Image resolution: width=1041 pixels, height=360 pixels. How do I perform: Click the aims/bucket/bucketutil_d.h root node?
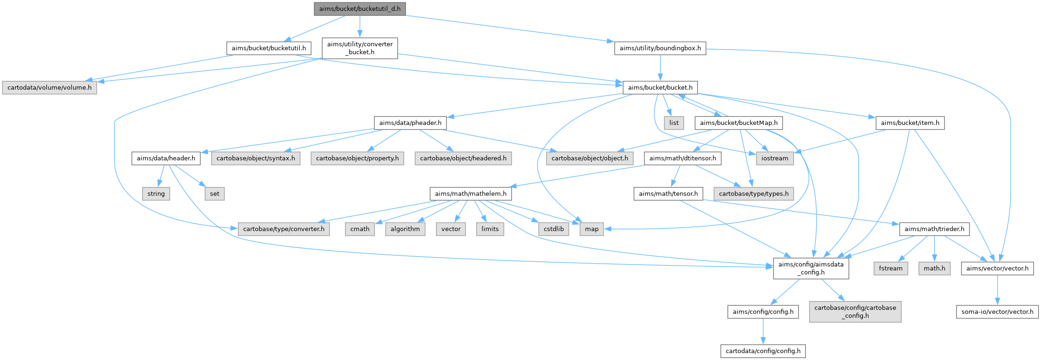pyautogui.click(x=359, y=9)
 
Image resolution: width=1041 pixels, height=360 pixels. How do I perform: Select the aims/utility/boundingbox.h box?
pyautogui.click(x=660, y=48)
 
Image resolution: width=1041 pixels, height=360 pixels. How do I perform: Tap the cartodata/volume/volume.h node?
pyautogui.click(x=50, y=87)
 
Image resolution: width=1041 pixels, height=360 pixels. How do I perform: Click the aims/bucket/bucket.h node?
pyautogui.click(x=660, y=87)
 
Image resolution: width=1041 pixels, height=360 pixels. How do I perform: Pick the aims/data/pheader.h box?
pyautogui.click(x=410, y=123)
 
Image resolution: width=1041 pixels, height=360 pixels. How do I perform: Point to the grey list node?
pyautogui.click(x=674, y=123)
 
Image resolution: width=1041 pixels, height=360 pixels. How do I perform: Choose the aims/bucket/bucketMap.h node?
pyautogui.click(x=739, y=123)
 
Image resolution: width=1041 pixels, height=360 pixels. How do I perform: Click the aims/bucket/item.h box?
pyautogui.click(x=910, y=123)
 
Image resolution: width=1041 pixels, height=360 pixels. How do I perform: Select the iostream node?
pyautogui.click(x=775, y=158)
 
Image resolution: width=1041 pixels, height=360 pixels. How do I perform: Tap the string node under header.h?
pyautogui.click(x=156, y=194)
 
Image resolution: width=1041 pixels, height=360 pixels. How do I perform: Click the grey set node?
pyautogui.click(x=215, y=194)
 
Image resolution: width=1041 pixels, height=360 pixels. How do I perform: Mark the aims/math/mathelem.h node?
pyautogui.click(x=471, y=194)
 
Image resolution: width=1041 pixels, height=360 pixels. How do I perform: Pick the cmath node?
pyautogui.click(x=360, y=229)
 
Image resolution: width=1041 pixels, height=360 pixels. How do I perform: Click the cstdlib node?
pyautogui.click(x=553, y=229)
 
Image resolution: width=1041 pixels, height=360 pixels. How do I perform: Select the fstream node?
pyautogui.click(x=890, y=268)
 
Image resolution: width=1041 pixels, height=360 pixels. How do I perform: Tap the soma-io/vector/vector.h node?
pyautogui.click(x=998, y=311)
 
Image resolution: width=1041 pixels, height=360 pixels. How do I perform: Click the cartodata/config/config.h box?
pyautogui.click(x=763, y=351)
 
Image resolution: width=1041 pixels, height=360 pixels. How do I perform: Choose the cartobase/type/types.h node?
pyautogui.click(x=754, y=194)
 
